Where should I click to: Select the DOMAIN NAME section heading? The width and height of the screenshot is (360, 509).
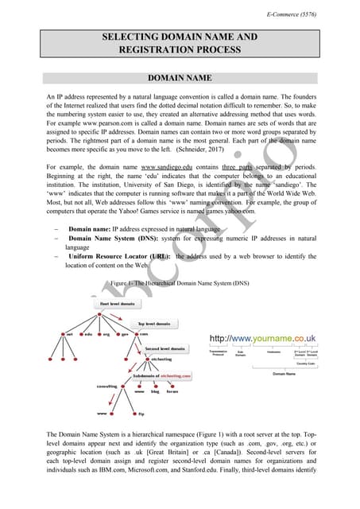click(180, 78)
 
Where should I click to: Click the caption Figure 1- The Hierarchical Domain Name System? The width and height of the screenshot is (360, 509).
click(180, 282)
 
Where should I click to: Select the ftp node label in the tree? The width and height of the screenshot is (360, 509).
click(141, 414)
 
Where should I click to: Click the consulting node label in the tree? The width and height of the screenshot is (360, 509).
click(85, 387)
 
